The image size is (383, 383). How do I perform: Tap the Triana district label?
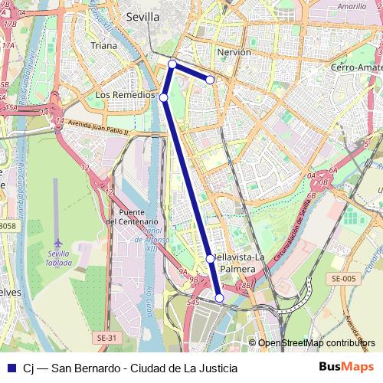point(104,46)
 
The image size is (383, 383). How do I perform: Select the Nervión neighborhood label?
point(234,53)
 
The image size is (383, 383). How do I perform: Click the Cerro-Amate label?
point(356,68)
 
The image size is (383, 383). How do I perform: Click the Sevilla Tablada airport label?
point(59,258)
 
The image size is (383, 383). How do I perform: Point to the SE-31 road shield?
point(107,338)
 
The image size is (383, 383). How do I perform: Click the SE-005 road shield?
point(343,279)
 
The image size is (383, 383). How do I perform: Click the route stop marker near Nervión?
point(210,80)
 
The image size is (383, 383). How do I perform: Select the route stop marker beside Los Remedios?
point(163,97)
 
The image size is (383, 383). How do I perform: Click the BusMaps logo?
point(347,367)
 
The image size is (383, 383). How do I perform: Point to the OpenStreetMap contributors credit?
point(317,343)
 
